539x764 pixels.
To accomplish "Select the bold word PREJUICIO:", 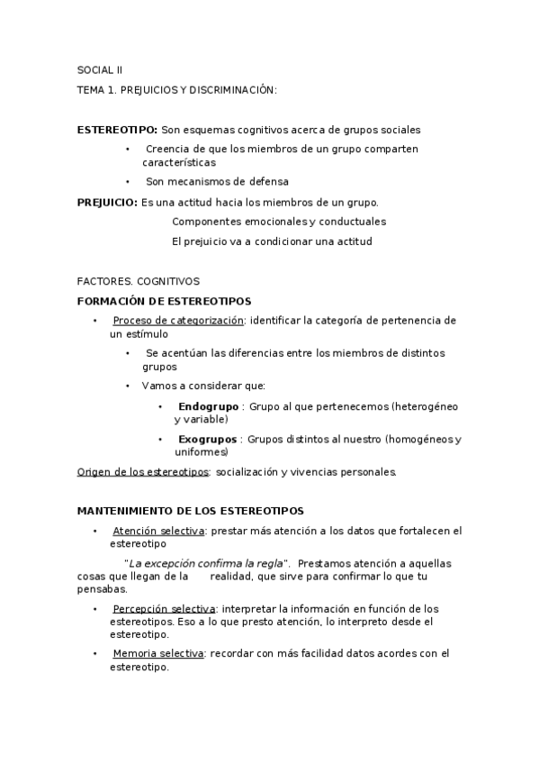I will click(107, 202).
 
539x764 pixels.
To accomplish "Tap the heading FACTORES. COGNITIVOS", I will click(139, 281).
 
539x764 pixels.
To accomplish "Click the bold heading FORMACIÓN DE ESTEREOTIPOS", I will click(165, 301).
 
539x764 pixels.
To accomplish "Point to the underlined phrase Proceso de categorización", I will click(178, 320).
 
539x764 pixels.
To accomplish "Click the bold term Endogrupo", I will click(207, 406).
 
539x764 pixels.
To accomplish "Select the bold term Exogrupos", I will click(208, 439).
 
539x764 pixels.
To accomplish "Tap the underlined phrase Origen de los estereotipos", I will click(144, 471).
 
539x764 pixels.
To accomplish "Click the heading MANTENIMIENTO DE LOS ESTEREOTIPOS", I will click(191, 510).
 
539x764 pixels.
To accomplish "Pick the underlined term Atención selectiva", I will click(158, 531).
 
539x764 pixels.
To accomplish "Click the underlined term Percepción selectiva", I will click(164, 608).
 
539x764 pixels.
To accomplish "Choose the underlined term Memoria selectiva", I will click(158, 653).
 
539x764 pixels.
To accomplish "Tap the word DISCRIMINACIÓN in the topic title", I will click(230, 90).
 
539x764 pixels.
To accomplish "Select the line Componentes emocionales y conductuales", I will click(279, 221).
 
